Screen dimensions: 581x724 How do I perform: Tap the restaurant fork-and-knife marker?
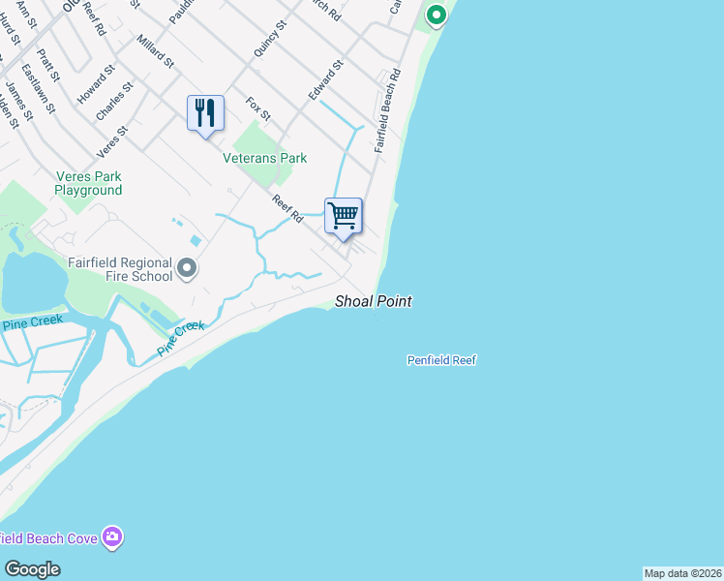205,113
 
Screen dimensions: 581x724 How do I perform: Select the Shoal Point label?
374,302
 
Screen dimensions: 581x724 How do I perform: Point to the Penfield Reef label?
441,360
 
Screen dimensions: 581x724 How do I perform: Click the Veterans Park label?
264,158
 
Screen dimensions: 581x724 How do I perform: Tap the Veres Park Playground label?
88,184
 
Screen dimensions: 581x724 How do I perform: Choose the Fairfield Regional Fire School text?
120,269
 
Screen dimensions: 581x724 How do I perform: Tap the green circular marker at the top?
436,15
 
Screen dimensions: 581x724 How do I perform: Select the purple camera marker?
113,536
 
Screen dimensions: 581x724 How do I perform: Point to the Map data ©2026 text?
683,573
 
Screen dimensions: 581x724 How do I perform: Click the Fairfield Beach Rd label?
386,112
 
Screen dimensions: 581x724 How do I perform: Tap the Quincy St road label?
270,39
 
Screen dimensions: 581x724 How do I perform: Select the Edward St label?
326,79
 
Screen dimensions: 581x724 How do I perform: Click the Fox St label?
258,107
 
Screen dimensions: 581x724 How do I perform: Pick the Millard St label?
155,51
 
